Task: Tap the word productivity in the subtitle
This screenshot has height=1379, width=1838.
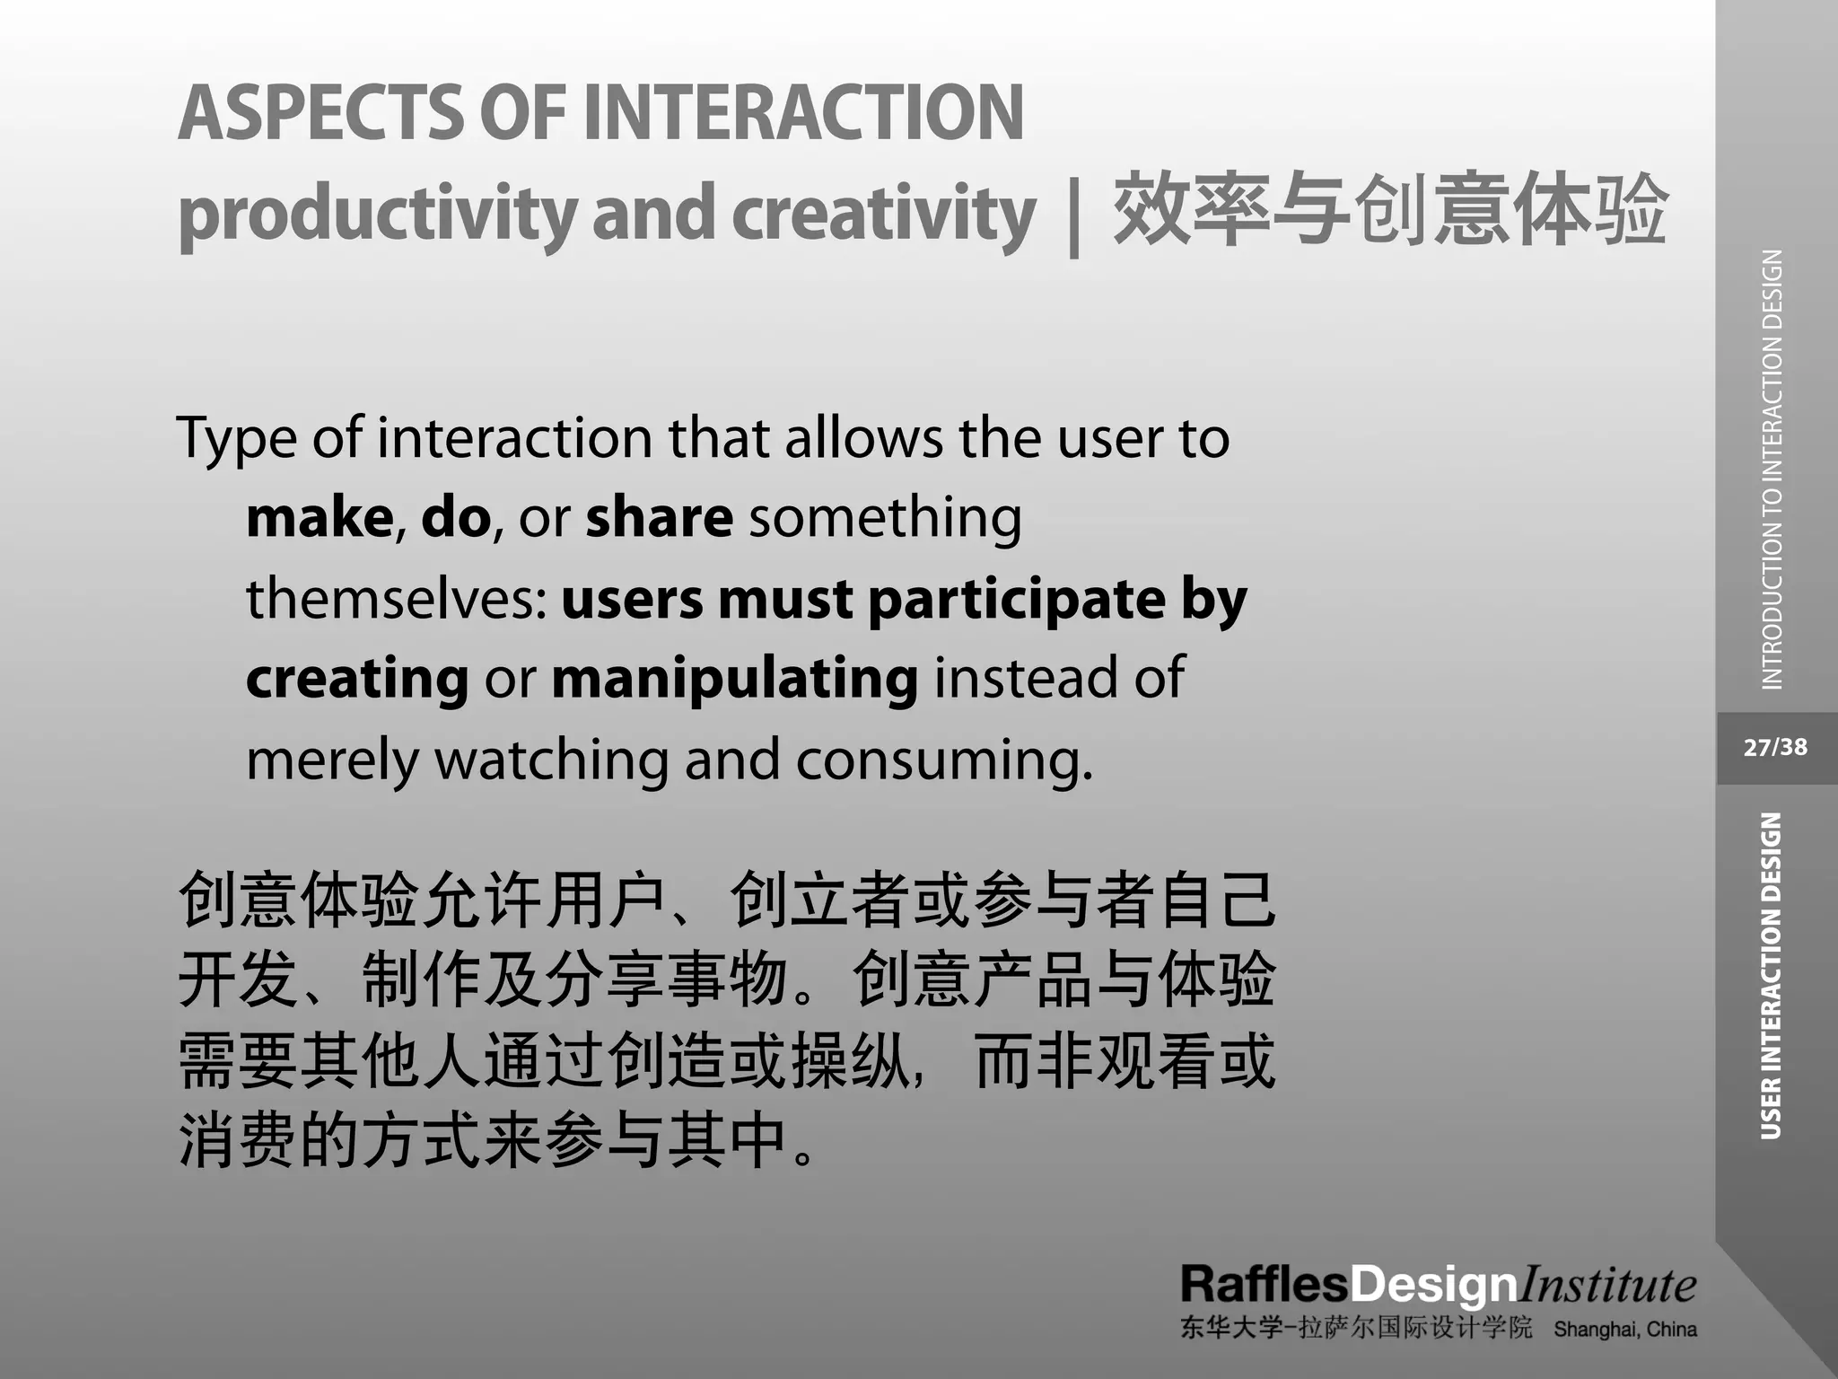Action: coord(377,214)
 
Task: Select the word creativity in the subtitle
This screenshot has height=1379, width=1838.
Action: coord(884,214)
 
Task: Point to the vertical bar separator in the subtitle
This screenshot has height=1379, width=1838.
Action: coord(1073,215)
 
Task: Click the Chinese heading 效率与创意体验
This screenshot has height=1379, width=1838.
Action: coord(1390,212)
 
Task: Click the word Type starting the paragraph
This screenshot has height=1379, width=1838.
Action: coord(236,440)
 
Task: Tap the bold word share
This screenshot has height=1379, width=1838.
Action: coord(659,518)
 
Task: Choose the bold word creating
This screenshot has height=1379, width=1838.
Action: coord(357,679)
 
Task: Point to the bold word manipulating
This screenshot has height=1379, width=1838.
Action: coord(734,679)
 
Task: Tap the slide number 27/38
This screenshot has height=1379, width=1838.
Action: coord(1775,747)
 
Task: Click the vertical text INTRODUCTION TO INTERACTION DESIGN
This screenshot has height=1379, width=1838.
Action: coord(1772,470)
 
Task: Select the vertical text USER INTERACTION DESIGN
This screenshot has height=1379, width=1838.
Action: coord(1771,976)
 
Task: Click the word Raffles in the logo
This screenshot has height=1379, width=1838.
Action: coord(1264,1285)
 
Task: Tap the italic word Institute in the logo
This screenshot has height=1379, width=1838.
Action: coord(1606,1285)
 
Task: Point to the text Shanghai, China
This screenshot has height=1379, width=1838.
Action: coord(1624,1329)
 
